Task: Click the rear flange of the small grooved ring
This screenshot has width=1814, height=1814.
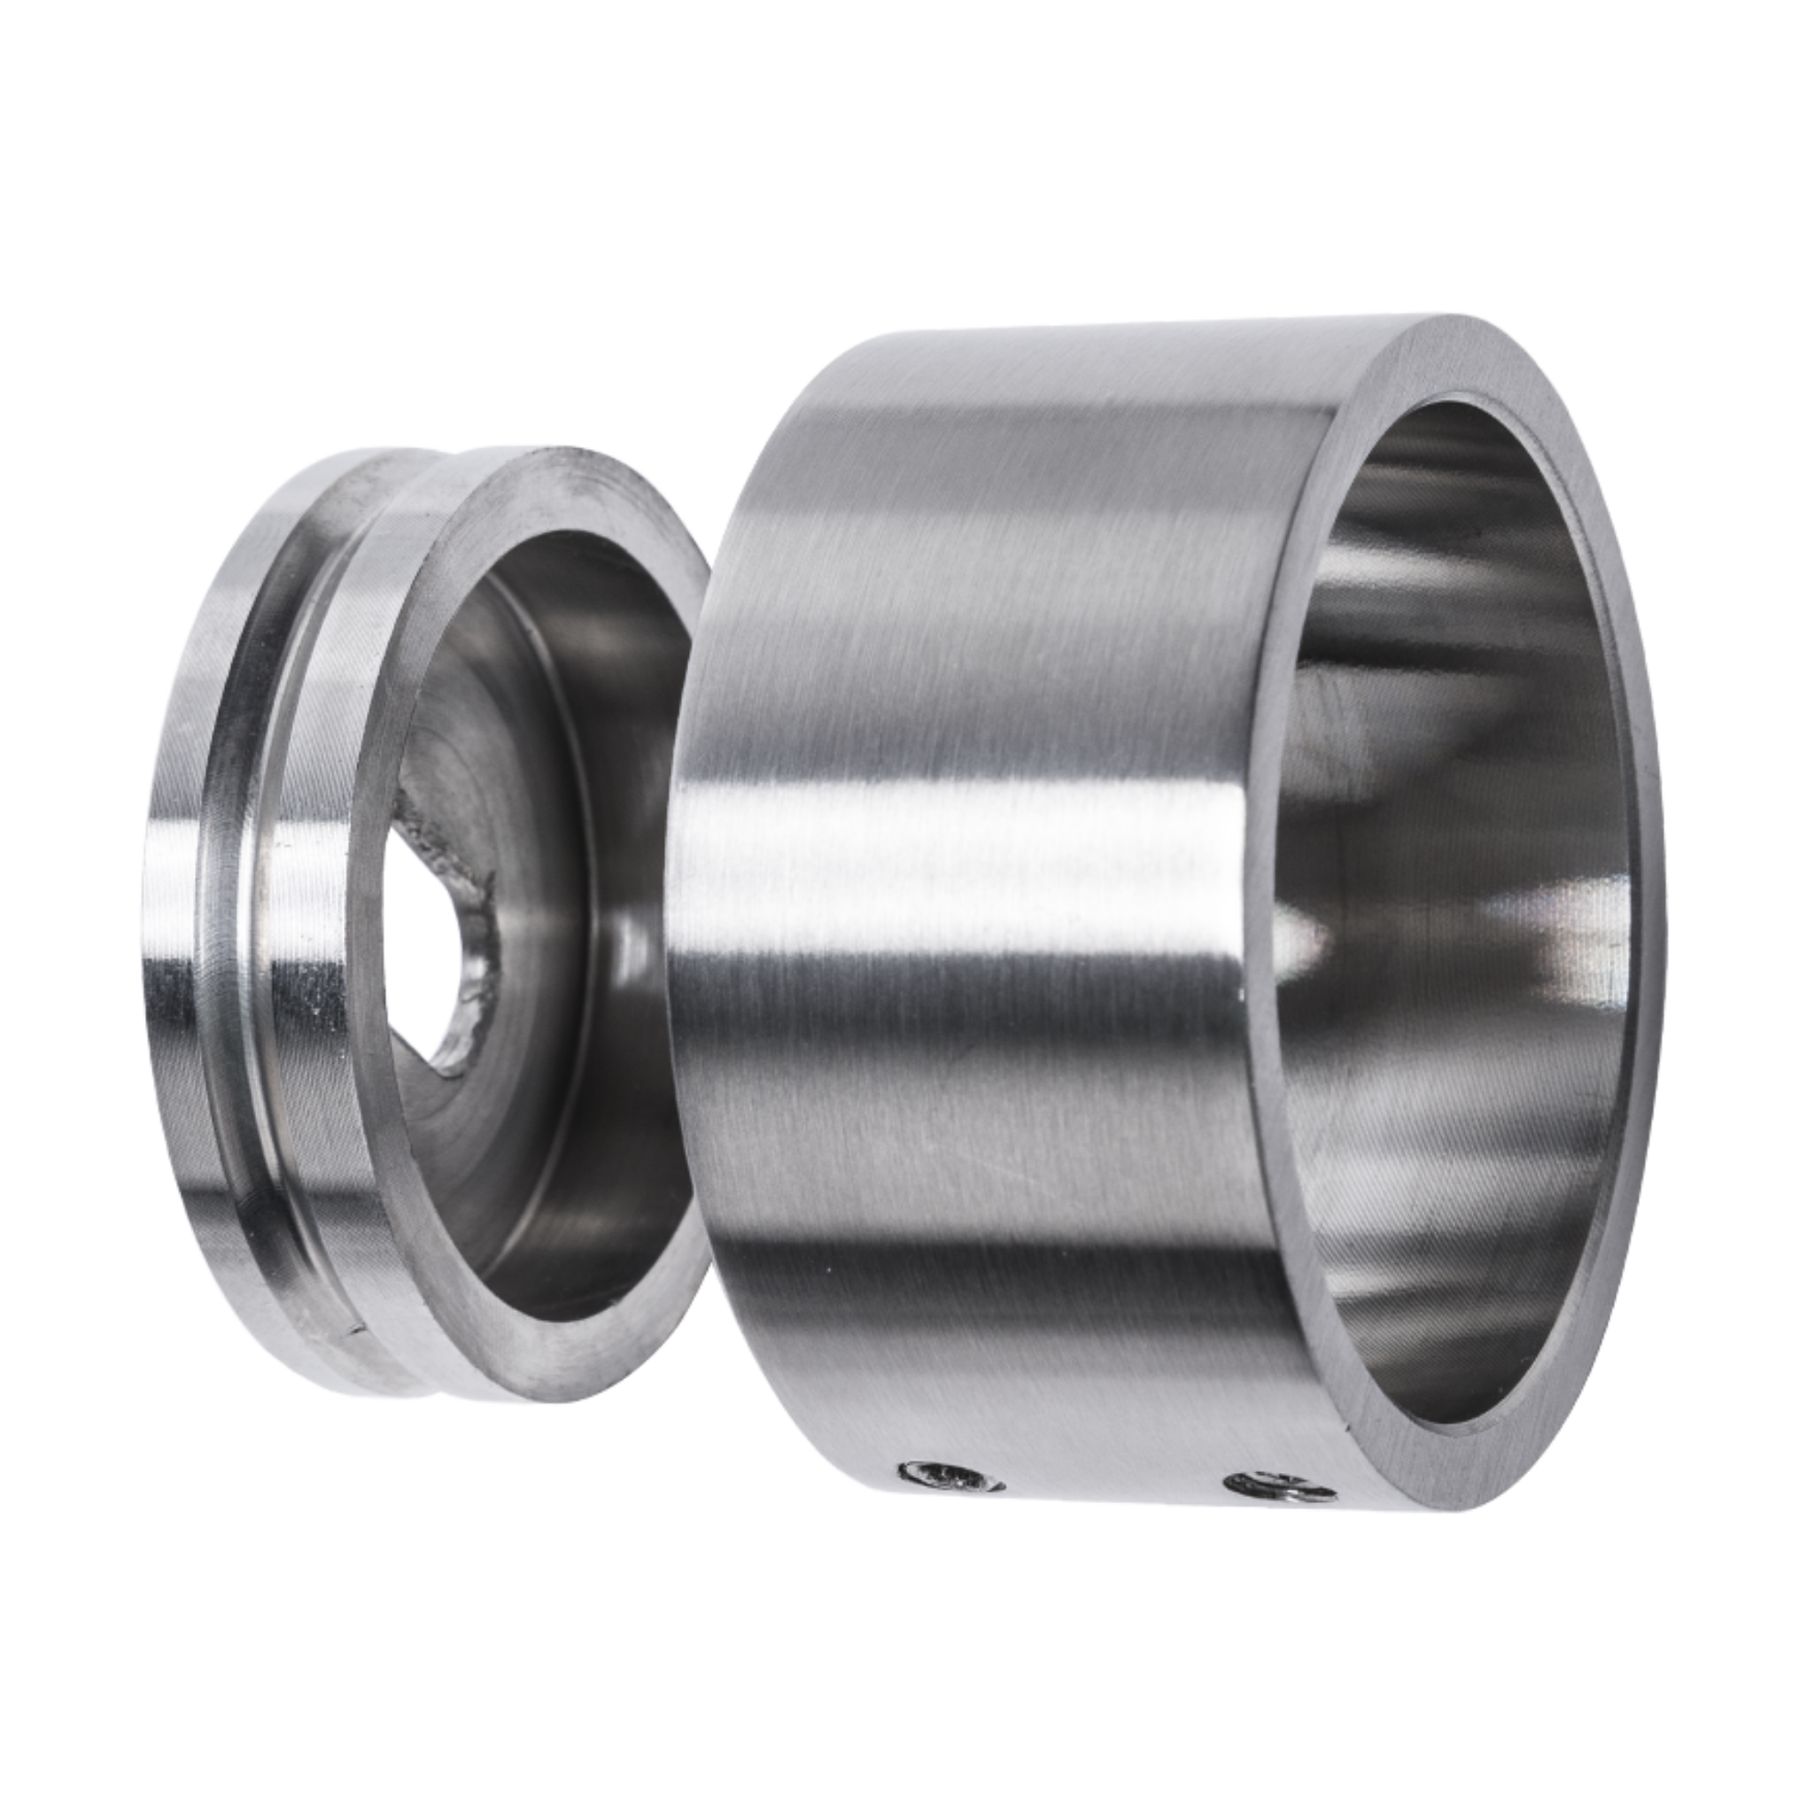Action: click(178, 939)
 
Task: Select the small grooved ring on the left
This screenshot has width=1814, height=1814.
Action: click(376, 939)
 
